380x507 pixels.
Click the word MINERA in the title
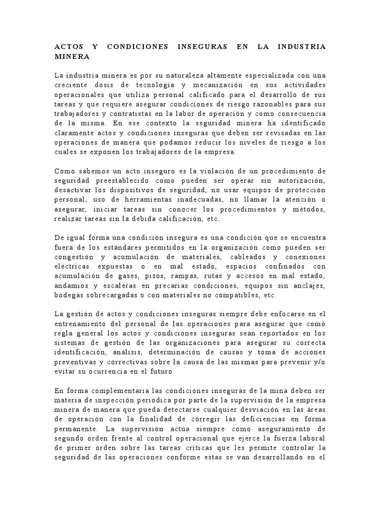[72, 56]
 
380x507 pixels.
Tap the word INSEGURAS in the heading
[203, 47]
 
